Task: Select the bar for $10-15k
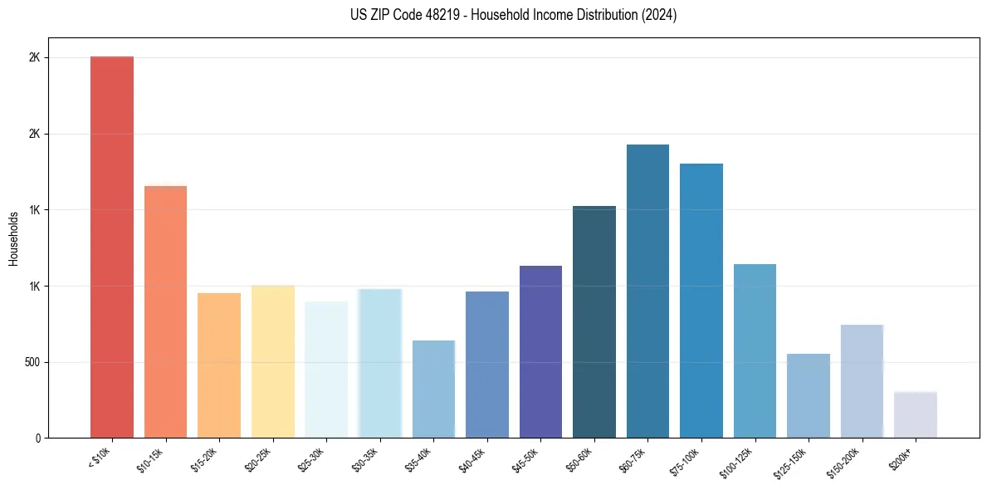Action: [165, 311]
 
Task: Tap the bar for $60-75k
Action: [647, 291]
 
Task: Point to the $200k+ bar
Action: [916, 414]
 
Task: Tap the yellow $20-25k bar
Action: [273, 361]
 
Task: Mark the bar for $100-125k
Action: [755, 350]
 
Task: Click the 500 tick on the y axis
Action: [39, 362]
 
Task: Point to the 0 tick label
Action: [42, 438]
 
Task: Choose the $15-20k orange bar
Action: [219, 365]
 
